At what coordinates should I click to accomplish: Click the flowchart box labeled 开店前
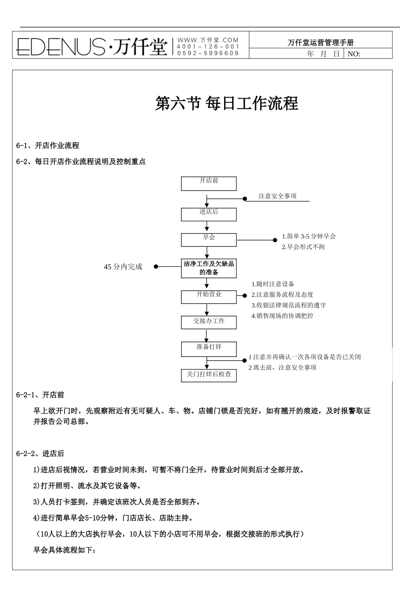[x=209, y=183]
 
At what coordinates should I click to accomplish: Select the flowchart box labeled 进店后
[x=209, y=214]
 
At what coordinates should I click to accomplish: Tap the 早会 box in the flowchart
[x=209, y=240]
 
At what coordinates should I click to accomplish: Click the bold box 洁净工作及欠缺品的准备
[x=209, y=268]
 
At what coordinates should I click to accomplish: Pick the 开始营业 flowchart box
[x=209, y=297]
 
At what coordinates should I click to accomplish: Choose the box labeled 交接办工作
[x=209, y=322]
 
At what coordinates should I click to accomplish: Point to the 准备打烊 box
[x=209, y=349]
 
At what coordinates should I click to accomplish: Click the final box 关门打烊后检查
[x=209, y=376]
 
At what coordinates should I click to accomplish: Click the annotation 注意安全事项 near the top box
[x=277, y=196]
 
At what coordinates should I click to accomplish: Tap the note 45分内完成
[x=123, y=267]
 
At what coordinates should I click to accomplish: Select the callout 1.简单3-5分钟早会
[x=309, y=236]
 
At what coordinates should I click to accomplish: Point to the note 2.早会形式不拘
[x=303, y=247]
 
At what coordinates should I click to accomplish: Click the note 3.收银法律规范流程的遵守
[x=289, y=305]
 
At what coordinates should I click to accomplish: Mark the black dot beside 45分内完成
[x=156, y=267]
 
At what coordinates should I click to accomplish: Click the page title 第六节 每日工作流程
[x=227, y=104]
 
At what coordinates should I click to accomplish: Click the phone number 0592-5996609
[x=208, y=53]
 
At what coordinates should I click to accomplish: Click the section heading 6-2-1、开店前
[x=40, y=395]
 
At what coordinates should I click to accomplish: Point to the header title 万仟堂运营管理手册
[x=321, y=43]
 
